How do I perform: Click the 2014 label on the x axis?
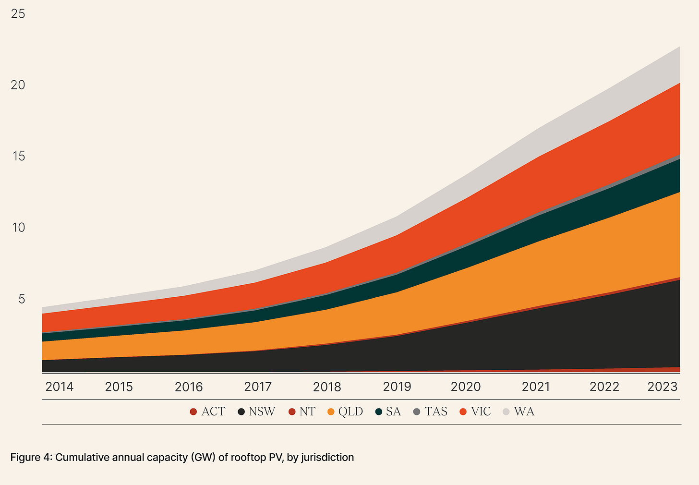coord(59,387)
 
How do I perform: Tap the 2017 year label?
coord(258,387)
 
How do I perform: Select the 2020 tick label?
coord(466,387)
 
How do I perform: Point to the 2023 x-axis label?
coord(662,387)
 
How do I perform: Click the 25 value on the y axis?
coord(18,14)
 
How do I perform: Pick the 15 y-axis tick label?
coord(18,157)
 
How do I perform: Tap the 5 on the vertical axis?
coord(21,299)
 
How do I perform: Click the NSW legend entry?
coord(262,412)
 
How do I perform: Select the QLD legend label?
coord(350,412)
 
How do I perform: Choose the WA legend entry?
coord(524,412)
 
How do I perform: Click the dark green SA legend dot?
coord(379,412)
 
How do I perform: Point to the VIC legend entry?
coord(481,412)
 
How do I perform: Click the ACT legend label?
coord(213,412)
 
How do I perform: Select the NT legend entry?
coord(307,412)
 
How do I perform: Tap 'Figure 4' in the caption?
coord(31,457)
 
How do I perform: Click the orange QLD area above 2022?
coord(605,255)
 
